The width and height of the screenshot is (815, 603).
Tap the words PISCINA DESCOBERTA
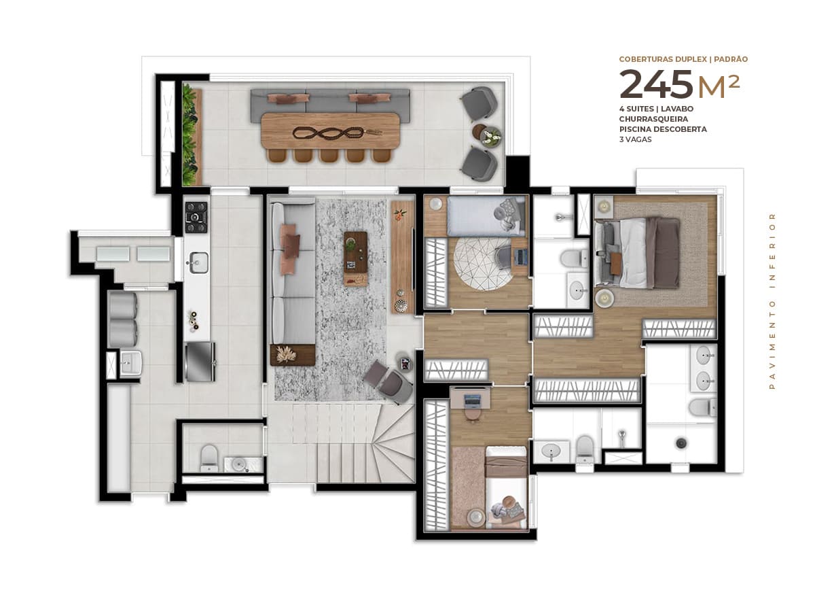point(663,129)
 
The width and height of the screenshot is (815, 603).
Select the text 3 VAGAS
point(635,139)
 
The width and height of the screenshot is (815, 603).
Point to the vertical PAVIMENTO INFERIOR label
point(772,301)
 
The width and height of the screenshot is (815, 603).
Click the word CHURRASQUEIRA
point(649,119)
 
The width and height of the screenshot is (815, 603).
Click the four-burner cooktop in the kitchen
point(196,217)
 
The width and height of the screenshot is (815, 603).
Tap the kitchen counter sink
point(198,262)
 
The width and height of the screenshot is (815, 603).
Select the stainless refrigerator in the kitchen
point(200,362)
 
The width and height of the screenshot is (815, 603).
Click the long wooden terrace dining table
point(330,131)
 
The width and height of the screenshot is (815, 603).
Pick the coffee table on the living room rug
point(355,258)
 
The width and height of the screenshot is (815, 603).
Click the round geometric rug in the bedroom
point(482,264)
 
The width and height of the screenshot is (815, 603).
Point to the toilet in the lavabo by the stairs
point(209,458)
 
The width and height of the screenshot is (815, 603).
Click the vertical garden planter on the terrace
point(192,135)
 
